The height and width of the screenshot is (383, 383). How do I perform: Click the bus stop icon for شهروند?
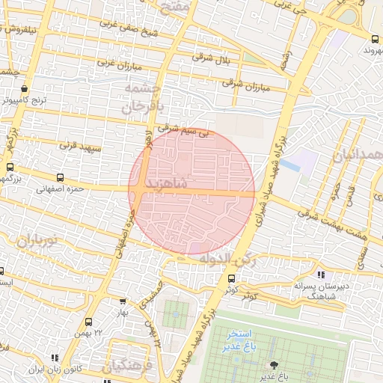pos(374,38)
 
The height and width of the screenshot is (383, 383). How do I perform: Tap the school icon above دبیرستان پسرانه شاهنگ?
pos(322,275)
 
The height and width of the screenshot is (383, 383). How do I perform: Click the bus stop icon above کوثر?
pos(230,279)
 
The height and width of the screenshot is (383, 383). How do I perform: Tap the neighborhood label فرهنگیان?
pos(127,366)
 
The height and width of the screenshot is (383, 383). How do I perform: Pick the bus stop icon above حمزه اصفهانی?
pos(60,178)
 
